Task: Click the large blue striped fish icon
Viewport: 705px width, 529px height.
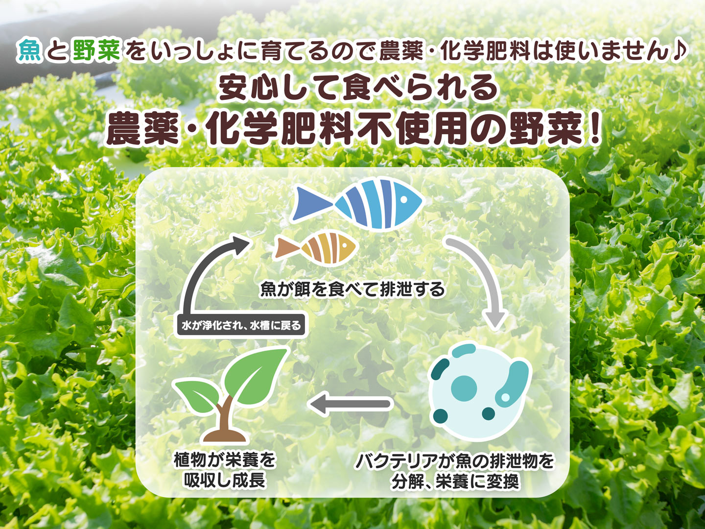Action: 357,204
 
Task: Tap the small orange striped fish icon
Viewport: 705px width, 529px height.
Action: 316,247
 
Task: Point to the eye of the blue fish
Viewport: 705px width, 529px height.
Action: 404,199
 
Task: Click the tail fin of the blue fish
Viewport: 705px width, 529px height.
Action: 312,204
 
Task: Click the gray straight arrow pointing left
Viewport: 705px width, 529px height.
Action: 351,404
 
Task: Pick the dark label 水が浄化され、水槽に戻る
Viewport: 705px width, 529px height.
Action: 241,326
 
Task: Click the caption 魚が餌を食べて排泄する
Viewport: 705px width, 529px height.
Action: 352,289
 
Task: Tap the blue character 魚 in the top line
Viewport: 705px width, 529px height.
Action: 30,50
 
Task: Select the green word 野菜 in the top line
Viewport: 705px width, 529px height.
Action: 96,50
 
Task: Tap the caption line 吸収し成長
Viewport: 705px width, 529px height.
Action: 225,481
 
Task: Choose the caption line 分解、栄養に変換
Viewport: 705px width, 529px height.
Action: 455,481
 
